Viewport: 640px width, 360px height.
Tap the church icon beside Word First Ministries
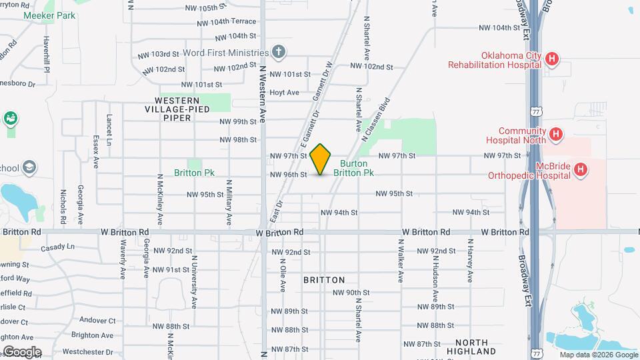click(x=279, y=52)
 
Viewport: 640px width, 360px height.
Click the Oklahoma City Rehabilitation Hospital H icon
click(x=551, y=59)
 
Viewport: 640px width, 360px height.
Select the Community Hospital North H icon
click(x=555, y=135)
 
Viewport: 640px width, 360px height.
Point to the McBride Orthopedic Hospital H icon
click(x=581, y=170)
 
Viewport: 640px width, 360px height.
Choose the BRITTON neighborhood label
click(x=324, y=280)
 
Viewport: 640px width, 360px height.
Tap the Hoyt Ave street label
click(x=285, y=92)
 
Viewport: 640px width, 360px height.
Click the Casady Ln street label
click(x=57, y=248)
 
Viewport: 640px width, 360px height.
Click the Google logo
click(x=22, y=351)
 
